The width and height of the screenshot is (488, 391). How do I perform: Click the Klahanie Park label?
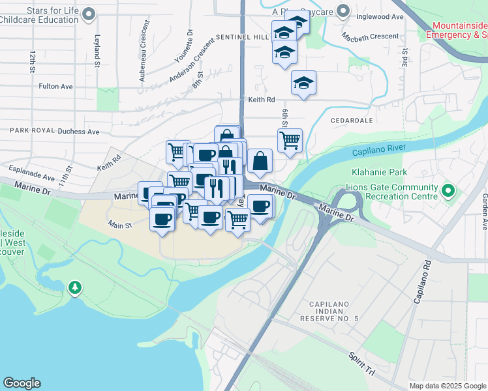click(386, 173)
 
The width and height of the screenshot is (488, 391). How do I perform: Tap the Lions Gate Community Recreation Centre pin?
click(448, 192)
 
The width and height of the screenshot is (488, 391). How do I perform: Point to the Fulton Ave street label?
click(56, 86)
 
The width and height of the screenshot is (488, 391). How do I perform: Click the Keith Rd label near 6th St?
click(262, 100)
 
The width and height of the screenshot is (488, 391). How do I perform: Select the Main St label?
click(120, 225)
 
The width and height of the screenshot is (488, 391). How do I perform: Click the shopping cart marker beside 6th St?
click(290, 139)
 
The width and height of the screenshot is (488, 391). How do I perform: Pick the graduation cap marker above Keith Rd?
click(303, 82)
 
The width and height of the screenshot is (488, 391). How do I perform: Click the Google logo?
click(22, 383)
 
